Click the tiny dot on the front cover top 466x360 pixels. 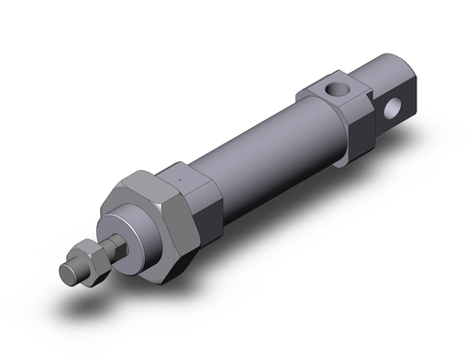[x=182, y=178]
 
